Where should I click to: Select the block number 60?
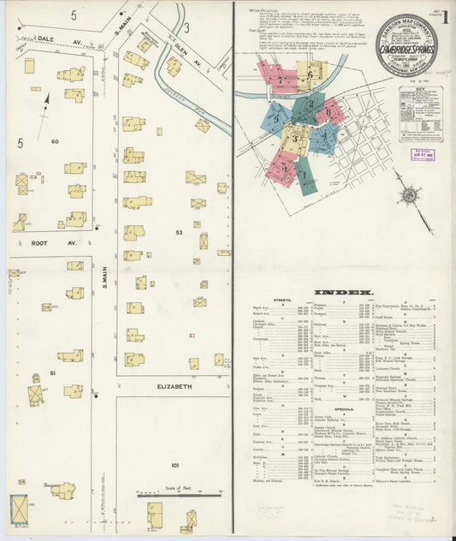tap(55, 141)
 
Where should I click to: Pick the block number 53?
tap(179, 232)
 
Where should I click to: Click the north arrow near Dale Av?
tap(44, 110)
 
